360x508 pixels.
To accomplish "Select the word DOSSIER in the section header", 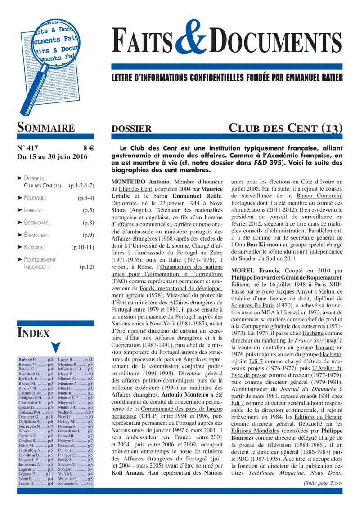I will (131, 129).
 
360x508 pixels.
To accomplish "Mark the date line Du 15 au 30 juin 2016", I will (51, 157).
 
